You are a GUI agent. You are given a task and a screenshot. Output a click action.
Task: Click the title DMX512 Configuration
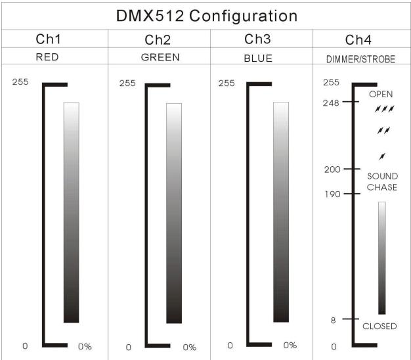(206, 15)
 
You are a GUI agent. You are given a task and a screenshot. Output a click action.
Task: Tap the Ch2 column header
(158, 39)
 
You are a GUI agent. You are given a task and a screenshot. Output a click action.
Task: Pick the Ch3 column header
(261, 39)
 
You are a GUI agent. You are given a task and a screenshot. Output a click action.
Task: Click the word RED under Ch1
(47, 57)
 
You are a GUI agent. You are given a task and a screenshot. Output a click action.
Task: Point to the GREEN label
(160, 57)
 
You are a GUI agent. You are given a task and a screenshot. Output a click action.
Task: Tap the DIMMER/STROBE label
(361, 58)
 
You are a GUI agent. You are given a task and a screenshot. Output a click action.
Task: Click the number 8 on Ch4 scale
(334, 320)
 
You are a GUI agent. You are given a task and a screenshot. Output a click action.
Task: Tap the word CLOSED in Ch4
(379, 326)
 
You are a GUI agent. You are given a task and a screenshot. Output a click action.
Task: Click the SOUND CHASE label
(381, 182)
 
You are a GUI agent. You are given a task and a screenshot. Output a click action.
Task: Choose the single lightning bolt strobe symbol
(382, 156)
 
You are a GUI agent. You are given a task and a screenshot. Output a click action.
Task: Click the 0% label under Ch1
(85, 346)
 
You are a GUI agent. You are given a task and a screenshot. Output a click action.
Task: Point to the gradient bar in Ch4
(381, 258)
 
